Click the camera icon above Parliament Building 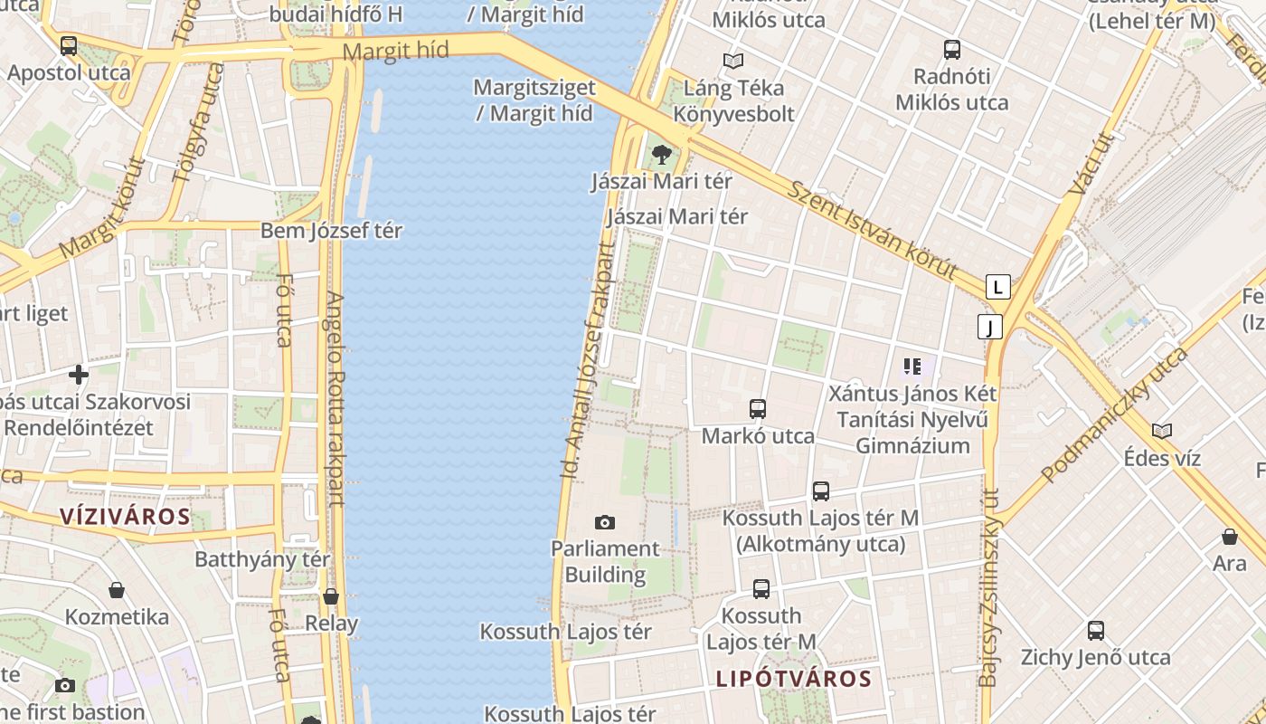tap(605, 522)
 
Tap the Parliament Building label tap(605, 562)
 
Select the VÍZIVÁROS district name tap(125, 518)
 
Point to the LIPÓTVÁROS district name tap(794, 679)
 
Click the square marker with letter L tap(997, 288)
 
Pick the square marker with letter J tap(990, 327)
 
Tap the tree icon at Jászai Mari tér tap(662, 154)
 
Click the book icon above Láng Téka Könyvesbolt tap(732, 62)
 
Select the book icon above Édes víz tap(1162, 432)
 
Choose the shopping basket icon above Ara tap(1230, 537)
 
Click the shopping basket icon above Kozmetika tap(117, 591)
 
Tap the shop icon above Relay tap(331, 597)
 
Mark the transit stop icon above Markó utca tap(758, 409)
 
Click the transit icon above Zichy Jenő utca tap(1096, 631)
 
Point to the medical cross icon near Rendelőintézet tap(79, 374)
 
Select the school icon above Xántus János tap(912, 367)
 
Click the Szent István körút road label tap(872, 230)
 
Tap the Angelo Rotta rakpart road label tap(335, 398)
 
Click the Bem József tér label tap(331, 231)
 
